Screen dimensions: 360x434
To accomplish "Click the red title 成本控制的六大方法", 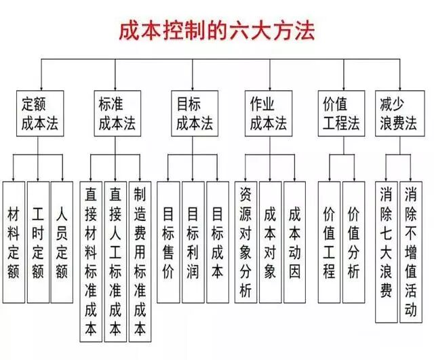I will [217, 31].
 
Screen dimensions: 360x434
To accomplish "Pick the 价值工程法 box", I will [338, 114].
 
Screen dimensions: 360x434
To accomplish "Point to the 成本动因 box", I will [295, 234].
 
